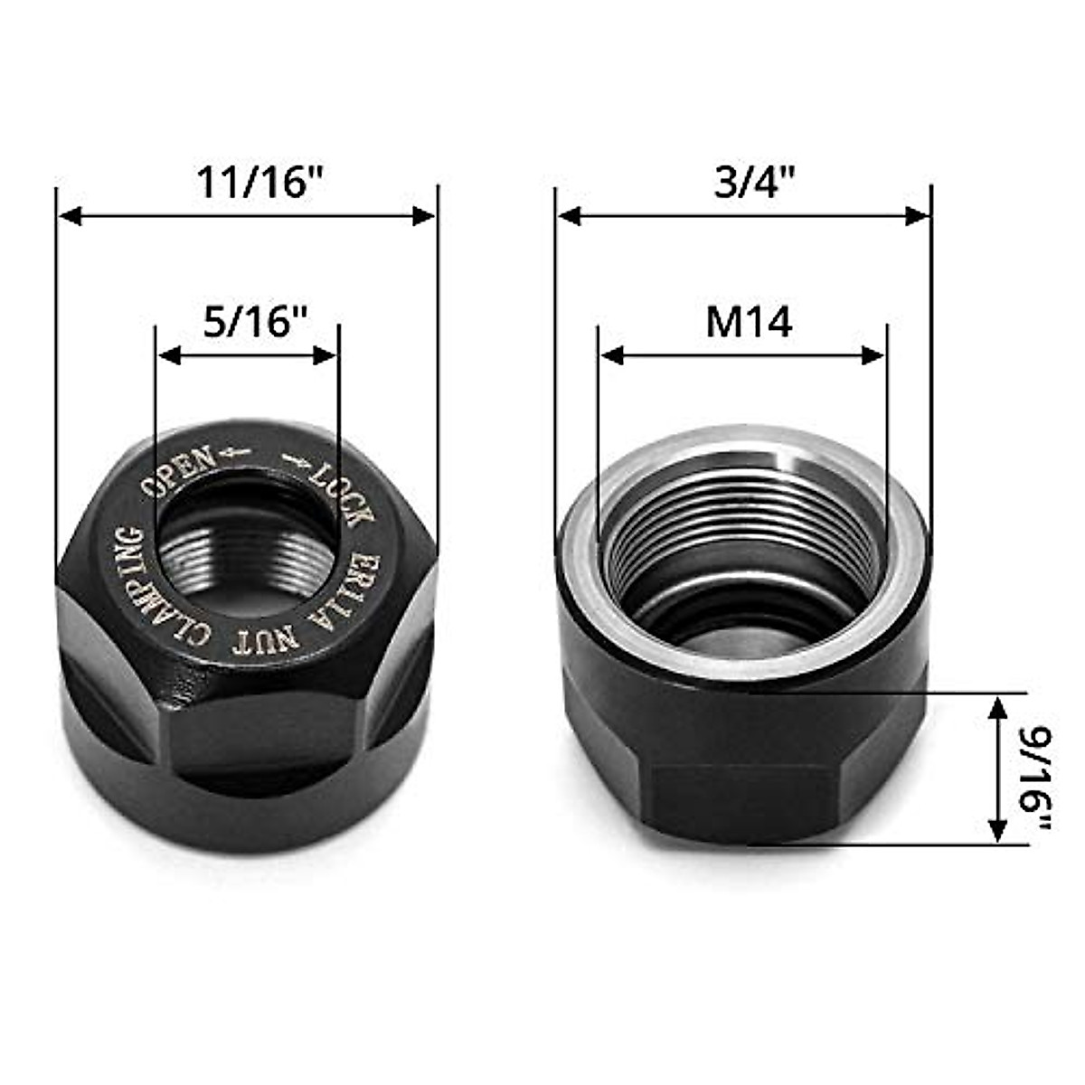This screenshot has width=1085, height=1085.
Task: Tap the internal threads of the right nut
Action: [741, 552]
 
